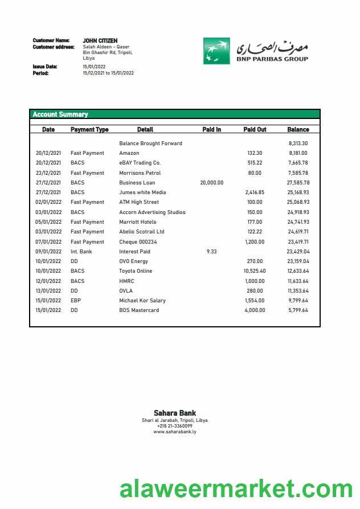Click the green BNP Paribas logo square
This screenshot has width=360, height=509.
(x=216, y=51)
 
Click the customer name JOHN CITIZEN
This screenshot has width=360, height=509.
(x=100, y=41)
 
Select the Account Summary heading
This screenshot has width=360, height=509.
(x=60, y=114)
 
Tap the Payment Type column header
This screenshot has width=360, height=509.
(x=89, y=130)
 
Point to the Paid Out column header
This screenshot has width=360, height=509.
(x=255, y=130)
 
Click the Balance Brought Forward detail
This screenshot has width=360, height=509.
(x=150, y=143)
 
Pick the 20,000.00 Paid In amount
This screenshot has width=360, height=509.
(x=212, y=183)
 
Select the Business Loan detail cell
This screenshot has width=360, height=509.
(x=137, y=183)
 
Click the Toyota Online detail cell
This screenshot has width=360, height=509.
(x=136, y=271)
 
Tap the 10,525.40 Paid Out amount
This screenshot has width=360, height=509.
(x=255, y=271)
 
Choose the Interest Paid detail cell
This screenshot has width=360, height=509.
(x=134, y=252)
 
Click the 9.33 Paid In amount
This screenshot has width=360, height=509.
(x=212, y=252)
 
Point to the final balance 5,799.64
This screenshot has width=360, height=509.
(x=298, y=310)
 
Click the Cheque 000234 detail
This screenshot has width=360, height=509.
(x=138, y=242)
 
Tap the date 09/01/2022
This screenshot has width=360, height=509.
(x=48, y=252)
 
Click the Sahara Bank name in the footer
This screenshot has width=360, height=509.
(x=175, y=413)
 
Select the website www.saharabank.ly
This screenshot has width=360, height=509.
(x=175, y=432)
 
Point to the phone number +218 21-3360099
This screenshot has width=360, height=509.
(x=175, y=426)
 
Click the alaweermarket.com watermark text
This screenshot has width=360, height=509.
(x=236, y=489)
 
